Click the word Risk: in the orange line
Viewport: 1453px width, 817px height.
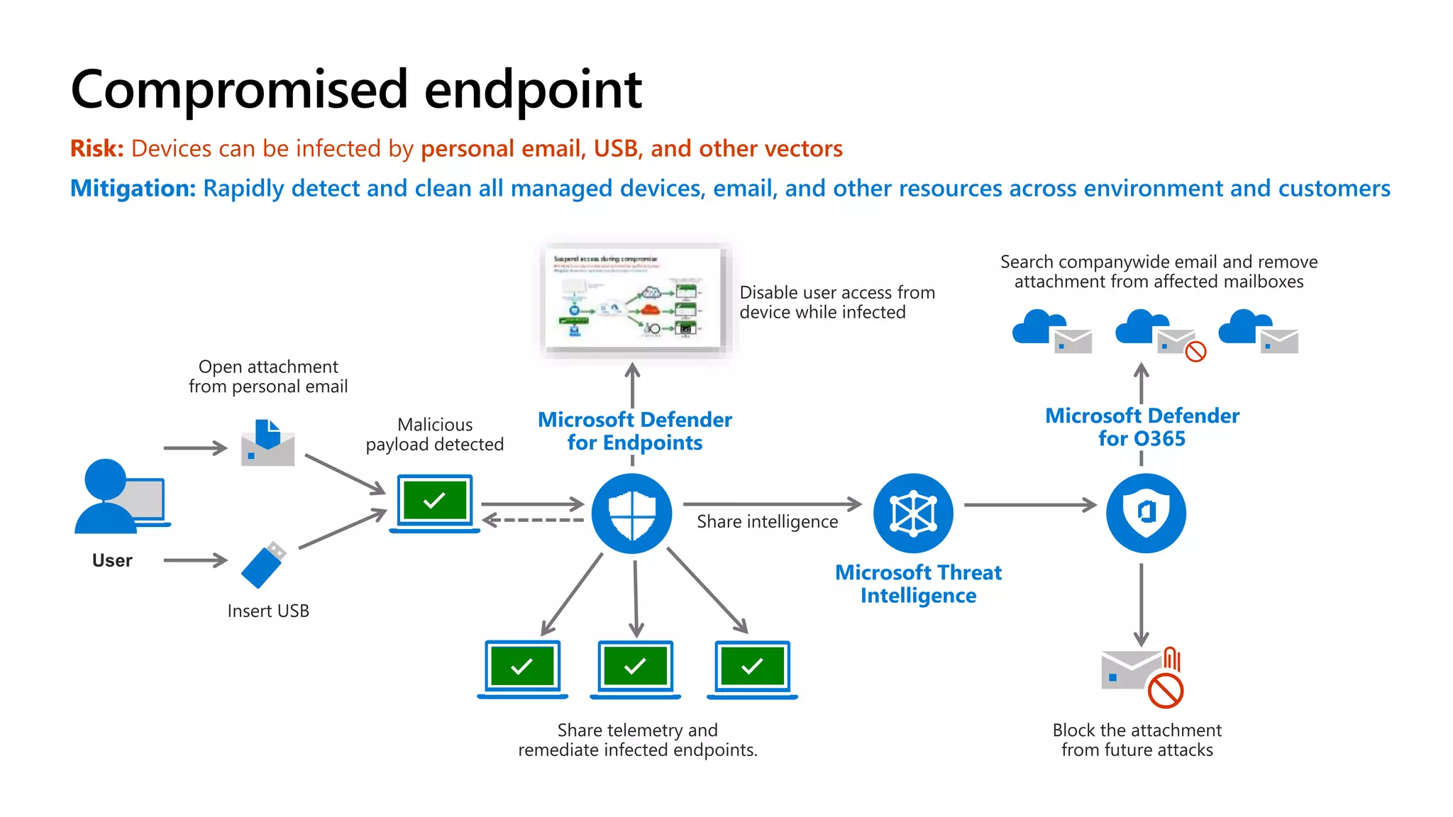(96, 149)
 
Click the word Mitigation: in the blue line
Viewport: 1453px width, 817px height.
(133, 189)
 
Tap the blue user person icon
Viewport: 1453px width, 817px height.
(106, 496)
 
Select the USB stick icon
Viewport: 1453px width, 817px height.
(263, 565)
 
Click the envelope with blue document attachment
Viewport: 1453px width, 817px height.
(267, 443)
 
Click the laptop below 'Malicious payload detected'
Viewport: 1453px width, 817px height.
(434, 503)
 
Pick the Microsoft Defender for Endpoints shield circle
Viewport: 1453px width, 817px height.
(631, 513)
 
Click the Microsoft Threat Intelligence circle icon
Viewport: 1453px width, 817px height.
(913, 513)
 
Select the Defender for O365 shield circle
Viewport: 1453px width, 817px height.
(1146, 513)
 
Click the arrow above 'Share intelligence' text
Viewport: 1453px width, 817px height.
(772, 504)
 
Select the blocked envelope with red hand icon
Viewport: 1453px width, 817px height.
(1141, 676)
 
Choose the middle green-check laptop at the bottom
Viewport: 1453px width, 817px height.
(635, 669)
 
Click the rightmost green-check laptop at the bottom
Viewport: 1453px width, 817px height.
(752, 669)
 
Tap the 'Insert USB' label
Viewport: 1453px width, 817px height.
(268, 611)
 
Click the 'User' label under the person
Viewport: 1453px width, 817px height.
(112, 561)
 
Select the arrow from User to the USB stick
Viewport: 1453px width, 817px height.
(195, 560)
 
